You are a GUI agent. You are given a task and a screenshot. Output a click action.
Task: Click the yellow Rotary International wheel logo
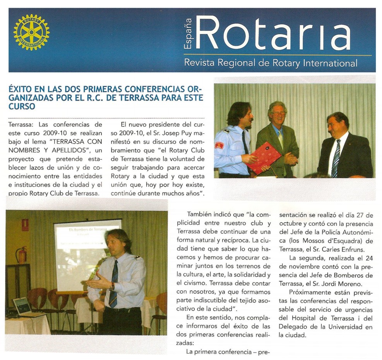31,32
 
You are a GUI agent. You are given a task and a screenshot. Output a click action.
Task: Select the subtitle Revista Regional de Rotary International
271,62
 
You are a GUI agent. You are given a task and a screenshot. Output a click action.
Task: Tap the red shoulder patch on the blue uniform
219,145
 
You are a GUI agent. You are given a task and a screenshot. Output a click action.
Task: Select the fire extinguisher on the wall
22,254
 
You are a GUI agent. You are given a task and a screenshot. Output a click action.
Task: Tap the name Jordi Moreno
341,283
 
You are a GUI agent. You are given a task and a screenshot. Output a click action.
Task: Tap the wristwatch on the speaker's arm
112,286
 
